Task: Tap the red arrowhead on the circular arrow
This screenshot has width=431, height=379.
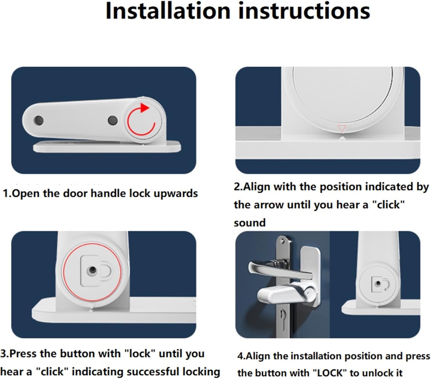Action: [x=144, y=108]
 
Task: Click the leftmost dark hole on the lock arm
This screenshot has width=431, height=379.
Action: [x=38, y=120]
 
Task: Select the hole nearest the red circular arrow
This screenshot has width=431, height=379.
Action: [x=112, y=120]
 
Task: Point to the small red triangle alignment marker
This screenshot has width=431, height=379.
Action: [x=342, y=129]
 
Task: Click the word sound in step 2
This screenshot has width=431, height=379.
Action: [x=250, y=223]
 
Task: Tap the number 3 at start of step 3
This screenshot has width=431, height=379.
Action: [x=3, y=354]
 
